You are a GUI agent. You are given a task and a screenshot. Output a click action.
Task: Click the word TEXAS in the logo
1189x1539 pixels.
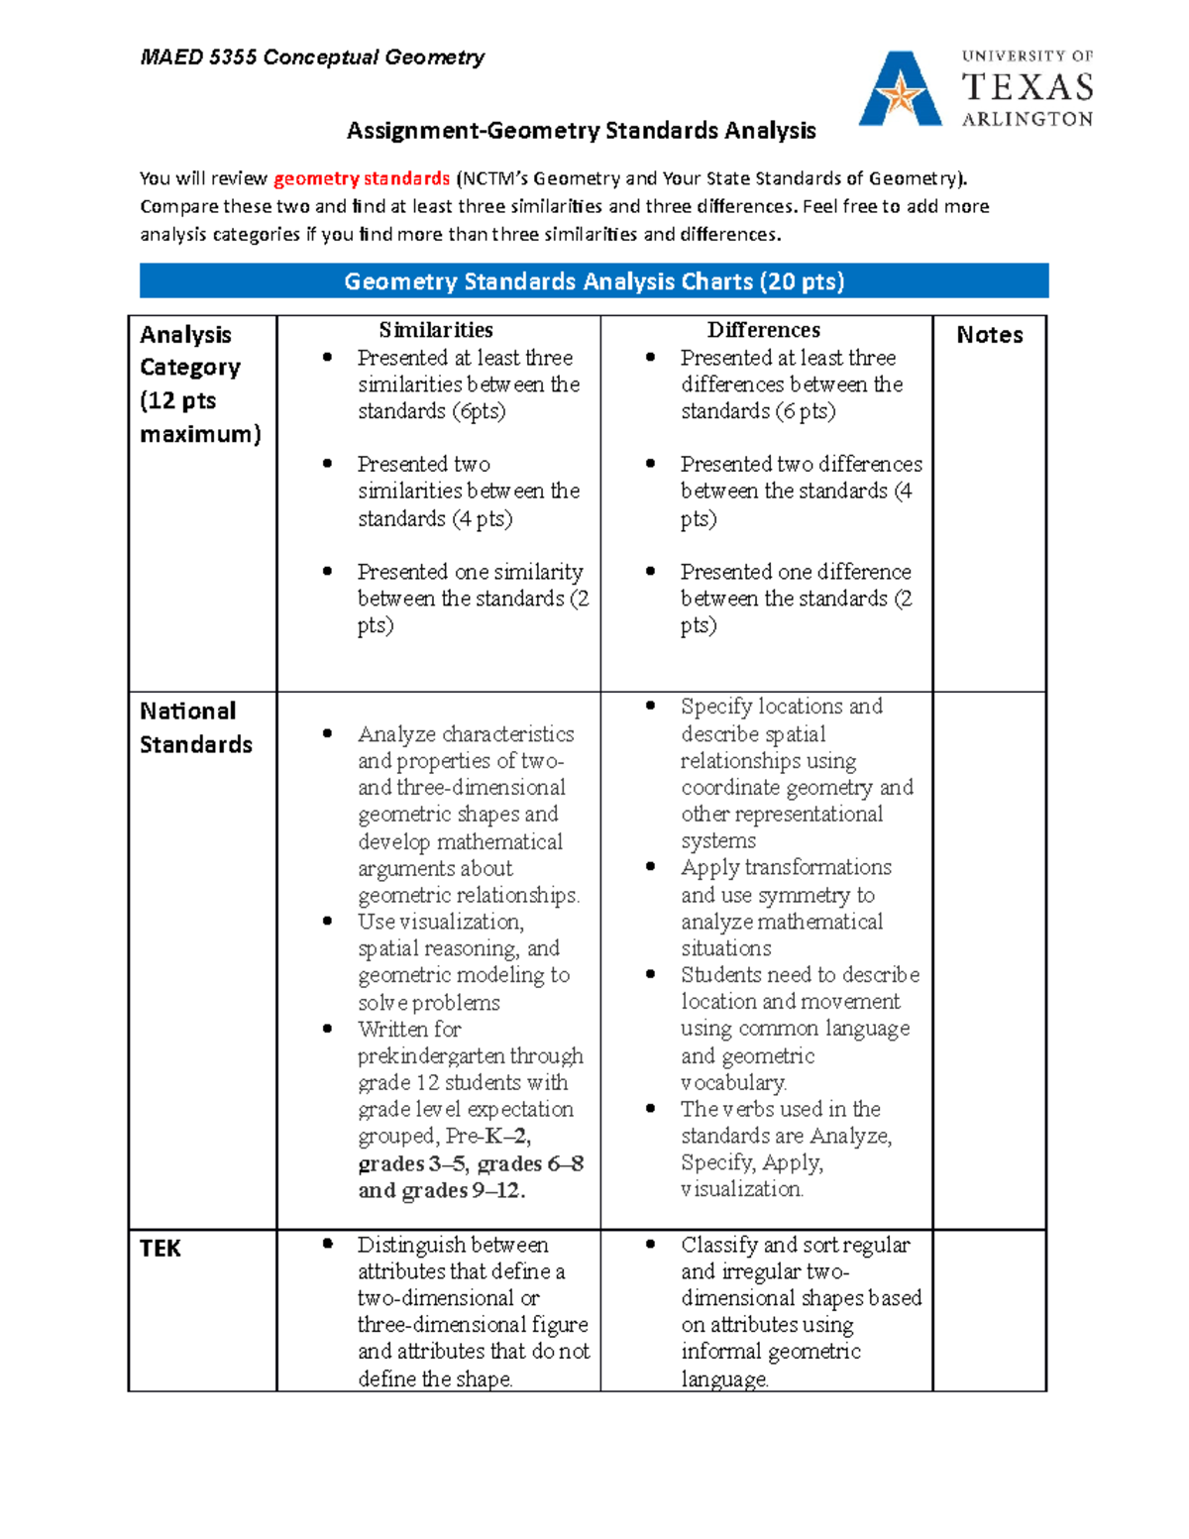[1027, 88]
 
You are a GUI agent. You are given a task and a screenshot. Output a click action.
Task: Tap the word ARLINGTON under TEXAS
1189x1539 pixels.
[1027, 119]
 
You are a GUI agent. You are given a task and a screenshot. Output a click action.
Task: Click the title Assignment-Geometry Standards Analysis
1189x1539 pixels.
[581, 131]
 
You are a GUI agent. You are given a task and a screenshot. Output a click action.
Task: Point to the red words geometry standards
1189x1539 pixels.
[362, 178]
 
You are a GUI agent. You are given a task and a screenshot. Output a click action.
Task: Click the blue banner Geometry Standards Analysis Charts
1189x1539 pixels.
[594, 281]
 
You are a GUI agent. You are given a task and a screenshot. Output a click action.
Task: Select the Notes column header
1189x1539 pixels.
[989, 335]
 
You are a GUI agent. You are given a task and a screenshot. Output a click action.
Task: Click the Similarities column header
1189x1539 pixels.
[436, 330]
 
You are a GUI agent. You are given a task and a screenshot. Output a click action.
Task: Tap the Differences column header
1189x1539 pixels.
[763, 330]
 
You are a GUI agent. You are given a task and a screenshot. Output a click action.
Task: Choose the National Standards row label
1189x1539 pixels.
[195, 727]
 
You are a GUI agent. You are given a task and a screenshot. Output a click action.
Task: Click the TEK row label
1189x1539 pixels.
[161, 1248]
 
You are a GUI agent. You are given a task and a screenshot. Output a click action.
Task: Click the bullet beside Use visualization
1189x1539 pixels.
[328, 922]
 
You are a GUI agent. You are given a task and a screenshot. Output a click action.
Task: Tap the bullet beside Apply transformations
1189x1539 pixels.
[651, 867]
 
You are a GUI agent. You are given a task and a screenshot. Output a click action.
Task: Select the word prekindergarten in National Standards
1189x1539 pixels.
[471, 1056]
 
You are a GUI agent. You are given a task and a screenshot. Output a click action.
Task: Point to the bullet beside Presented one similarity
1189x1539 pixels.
[328, 572]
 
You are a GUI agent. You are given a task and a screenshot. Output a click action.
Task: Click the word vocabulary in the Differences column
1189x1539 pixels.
[733, 1083]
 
